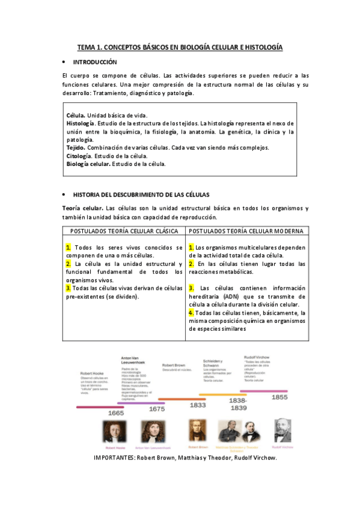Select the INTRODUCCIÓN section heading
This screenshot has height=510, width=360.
click(94, 62)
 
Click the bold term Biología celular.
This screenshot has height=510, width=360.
click(88, 164)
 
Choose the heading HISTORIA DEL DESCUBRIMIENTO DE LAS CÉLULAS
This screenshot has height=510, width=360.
click(141, 195)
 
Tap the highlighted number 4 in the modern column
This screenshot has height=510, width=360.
click(191, 313)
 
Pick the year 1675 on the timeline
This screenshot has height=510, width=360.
click(156, 408)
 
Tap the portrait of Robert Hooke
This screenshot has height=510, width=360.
click(115, 431)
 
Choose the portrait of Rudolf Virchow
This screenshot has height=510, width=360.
click(282, 431)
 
